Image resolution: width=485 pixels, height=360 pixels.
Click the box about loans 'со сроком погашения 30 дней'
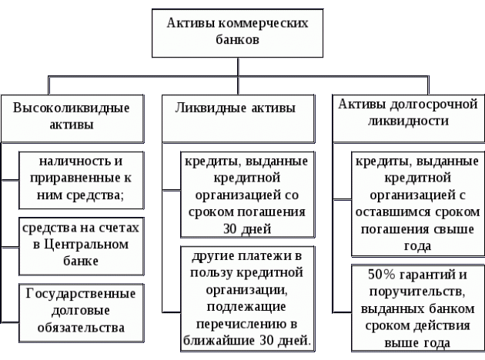click(246, 195)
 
